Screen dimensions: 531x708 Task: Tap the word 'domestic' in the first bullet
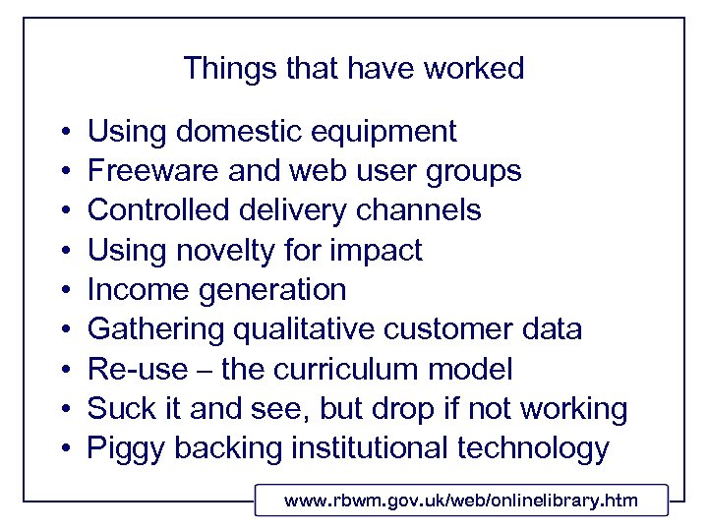233,131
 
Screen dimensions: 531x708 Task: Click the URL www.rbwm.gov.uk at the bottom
461,501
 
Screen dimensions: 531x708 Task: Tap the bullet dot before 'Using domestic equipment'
62,132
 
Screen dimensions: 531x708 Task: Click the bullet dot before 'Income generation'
62,291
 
